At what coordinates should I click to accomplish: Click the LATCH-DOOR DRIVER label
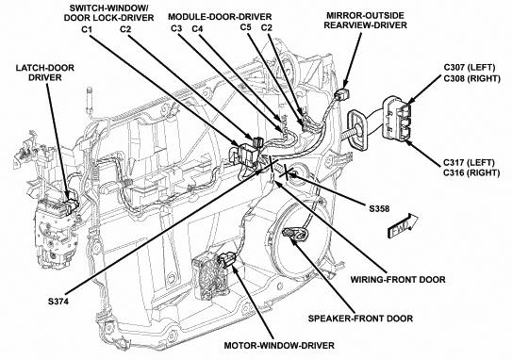[x=45, y=73]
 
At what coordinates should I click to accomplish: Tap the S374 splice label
[x=58, y=302]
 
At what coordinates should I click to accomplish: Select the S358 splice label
[x=379, y=208]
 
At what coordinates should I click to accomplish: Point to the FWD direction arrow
[x=403, y=225]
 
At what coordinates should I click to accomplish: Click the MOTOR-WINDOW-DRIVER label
[x=279, y=345]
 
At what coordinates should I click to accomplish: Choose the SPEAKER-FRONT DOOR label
[x=360, y=319]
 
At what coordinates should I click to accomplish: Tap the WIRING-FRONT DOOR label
[x=398, y=280]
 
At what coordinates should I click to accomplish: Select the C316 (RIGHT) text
[x=471, y=172]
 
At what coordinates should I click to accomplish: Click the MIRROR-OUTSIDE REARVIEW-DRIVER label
[x=366, y=20]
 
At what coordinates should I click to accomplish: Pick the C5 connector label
[x=245, y=26]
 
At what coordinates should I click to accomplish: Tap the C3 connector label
[x=176, y=28]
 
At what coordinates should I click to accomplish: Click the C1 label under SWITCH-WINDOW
[x=87, y=29]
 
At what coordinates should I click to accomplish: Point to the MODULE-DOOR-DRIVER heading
[x=220, y=16]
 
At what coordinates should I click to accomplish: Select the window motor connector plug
[x=226, y=259]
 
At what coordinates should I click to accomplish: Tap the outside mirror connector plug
[x=343, y=93]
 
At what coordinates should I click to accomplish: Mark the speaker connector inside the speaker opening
[x=294, y=234]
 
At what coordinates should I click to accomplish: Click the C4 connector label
[x=197, y=28]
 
